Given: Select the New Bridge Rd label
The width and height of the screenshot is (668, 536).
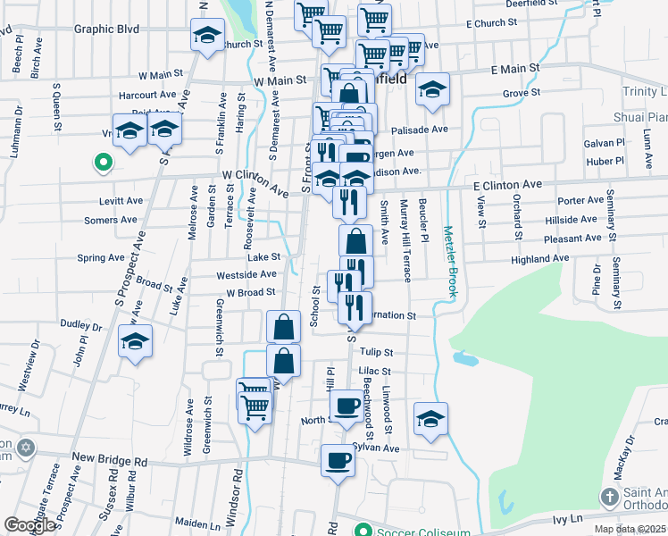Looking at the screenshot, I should tap(109, 458).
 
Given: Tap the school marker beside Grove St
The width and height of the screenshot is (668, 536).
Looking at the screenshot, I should tap(432, 89).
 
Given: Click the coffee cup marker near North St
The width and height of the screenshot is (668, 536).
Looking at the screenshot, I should tap(347, 406).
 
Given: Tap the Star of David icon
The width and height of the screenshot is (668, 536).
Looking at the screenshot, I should tap(27, 447).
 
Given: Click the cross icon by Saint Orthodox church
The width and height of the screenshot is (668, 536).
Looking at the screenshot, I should tap(609, 497).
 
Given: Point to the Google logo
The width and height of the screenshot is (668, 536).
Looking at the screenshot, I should tap(29, 525).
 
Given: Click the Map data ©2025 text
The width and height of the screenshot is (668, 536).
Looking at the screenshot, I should tap(630, 529).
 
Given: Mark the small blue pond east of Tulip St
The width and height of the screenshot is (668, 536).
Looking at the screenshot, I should tap(463, 358).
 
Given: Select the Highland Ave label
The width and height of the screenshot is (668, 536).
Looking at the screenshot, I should tap(539, 258).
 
